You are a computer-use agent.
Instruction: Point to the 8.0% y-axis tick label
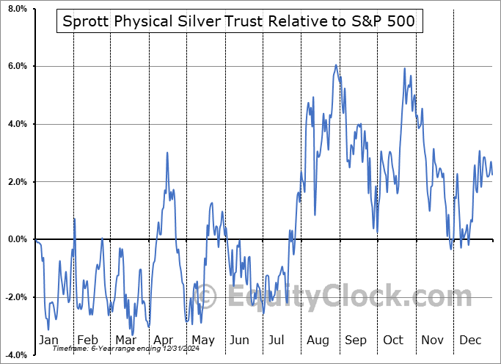tap(15, 9)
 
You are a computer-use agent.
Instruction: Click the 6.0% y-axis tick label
tap(15, 67)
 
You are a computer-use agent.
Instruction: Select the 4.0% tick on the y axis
tap(15, 124)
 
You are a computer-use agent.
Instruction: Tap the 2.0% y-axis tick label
tap(15, 182)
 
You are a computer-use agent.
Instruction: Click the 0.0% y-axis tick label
tap(15, 239)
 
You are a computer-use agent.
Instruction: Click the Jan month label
tap(48, 340)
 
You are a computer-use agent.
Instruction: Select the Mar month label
tap(126, 340)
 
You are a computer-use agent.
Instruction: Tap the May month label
tap(202, 340)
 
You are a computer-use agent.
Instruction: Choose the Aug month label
tap(318, 340)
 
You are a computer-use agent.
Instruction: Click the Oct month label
tap(394, 340)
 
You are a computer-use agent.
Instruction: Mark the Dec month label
tap(471, 340)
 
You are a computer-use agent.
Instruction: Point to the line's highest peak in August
tap(336, 65)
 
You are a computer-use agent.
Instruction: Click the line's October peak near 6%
tap(404, 68)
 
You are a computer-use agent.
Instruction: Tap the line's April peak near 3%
tap(167, 153)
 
